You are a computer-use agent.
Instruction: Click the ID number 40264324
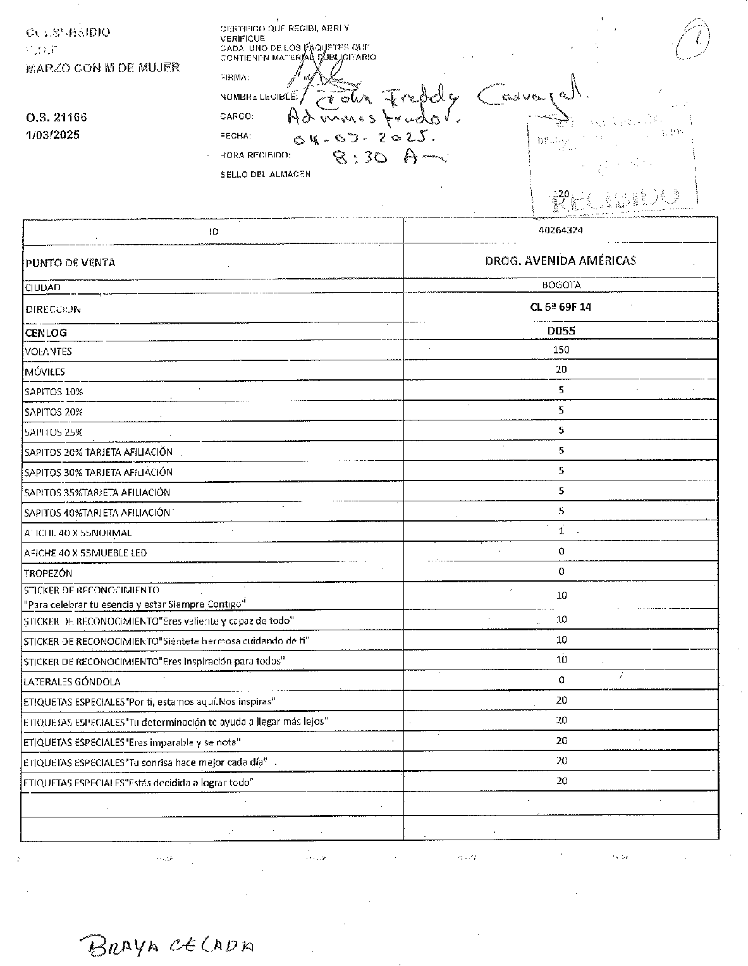pyautogui.click(x=561, y=230)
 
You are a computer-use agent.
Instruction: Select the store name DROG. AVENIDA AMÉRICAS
pyautogui.click(x=560, y=260)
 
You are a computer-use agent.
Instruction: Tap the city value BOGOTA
pyautogui.click(x=561, y=285)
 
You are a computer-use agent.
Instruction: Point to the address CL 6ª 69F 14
pyautogui.click(x=561, y=307)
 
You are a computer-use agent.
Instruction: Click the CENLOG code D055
pyautogui.click(x=561, y=331)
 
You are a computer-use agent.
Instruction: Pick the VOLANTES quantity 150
pyautogui.click(x=561, y=350)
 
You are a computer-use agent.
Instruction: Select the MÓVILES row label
pyautogui.click(x=44, y=372)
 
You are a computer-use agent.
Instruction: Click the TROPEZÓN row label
pyautogui.click(x=48, y=573)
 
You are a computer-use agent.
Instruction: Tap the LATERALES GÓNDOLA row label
pyautogui.click(x=71, y=682)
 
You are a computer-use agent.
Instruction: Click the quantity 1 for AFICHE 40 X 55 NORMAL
pyautogui.click(x=561, y=531)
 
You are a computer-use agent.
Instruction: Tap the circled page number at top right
pyautogui.click(x=691, y=39)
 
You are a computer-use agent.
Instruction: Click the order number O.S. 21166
pyautogui.click(x=56, y=118)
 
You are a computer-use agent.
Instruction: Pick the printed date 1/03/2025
pyautogui.click(x=52, y=135)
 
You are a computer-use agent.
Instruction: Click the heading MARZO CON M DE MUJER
pyautogui.click(x=102, y=68)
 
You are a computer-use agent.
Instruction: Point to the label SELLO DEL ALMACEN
pyautogui.click(x=265, y=174)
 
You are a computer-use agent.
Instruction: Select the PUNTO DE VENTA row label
pyautogui.click(x=70, y=263)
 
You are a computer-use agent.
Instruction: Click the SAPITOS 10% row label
pyautogui.click(x=54, y=392)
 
